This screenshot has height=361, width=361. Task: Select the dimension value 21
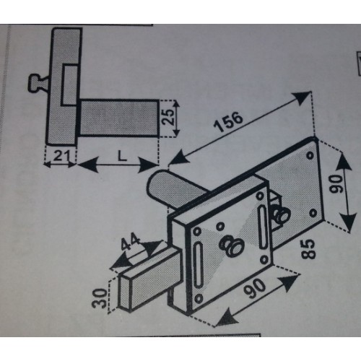[x=61, y=156]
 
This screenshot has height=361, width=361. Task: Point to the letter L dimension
[x=122, y=156]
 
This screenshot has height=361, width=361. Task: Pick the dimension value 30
[x=99, y=298]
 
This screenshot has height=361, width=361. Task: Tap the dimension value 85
[x=308, y=249]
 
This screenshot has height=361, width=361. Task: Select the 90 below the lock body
[x=255, y=289]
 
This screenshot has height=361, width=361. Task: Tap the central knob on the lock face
[x=231, y=245]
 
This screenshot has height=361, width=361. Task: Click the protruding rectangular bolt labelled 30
[x=149, y=280]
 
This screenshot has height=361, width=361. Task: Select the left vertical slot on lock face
[x=199, y=265]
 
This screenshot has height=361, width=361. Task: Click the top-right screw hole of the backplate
[x=310, y=155]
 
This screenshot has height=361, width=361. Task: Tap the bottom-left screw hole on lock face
[x=199, y=299]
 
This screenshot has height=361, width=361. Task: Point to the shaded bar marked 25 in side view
[x=118, y=118]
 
